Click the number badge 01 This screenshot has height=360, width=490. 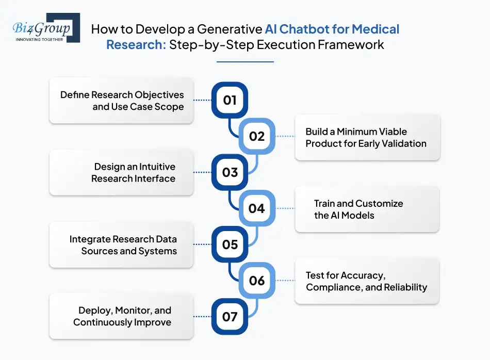(x=230, y=100)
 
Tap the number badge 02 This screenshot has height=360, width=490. (x=256, y=136)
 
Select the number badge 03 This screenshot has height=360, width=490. (x=230, y=172)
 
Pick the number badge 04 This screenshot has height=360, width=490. (x=256, y=208)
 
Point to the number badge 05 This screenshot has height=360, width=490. (x=230, y=244)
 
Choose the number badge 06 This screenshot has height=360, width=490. (x=256, y=281)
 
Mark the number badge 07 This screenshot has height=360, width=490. (x=230, y=316)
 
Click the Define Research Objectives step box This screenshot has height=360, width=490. (x=121, y=101)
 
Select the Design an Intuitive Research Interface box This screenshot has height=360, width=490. (x=121, y=173)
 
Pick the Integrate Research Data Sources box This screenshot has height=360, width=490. (x=121, y=245)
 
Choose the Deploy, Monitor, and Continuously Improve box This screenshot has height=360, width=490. (x=121, y=317)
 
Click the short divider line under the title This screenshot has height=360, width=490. (x=245, y=62)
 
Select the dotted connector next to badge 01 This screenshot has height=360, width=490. (x=203, y=100)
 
